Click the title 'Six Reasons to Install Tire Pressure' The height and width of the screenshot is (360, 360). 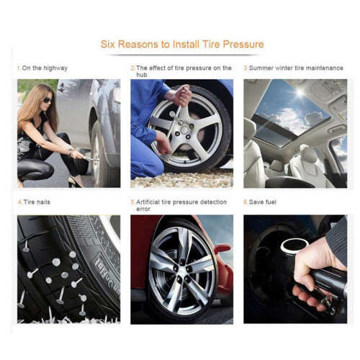(x=181, y=45)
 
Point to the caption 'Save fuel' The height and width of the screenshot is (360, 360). (x=264, y=202)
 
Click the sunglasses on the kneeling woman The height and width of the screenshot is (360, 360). (x=48, y=100)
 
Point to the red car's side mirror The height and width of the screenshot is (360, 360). (x=222, y=249)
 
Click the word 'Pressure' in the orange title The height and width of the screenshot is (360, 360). (x=240, y=45)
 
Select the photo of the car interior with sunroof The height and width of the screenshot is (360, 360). (x=295, y=133)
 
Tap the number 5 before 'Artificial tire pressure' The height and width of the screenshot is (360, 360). (x=132, y=202)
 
